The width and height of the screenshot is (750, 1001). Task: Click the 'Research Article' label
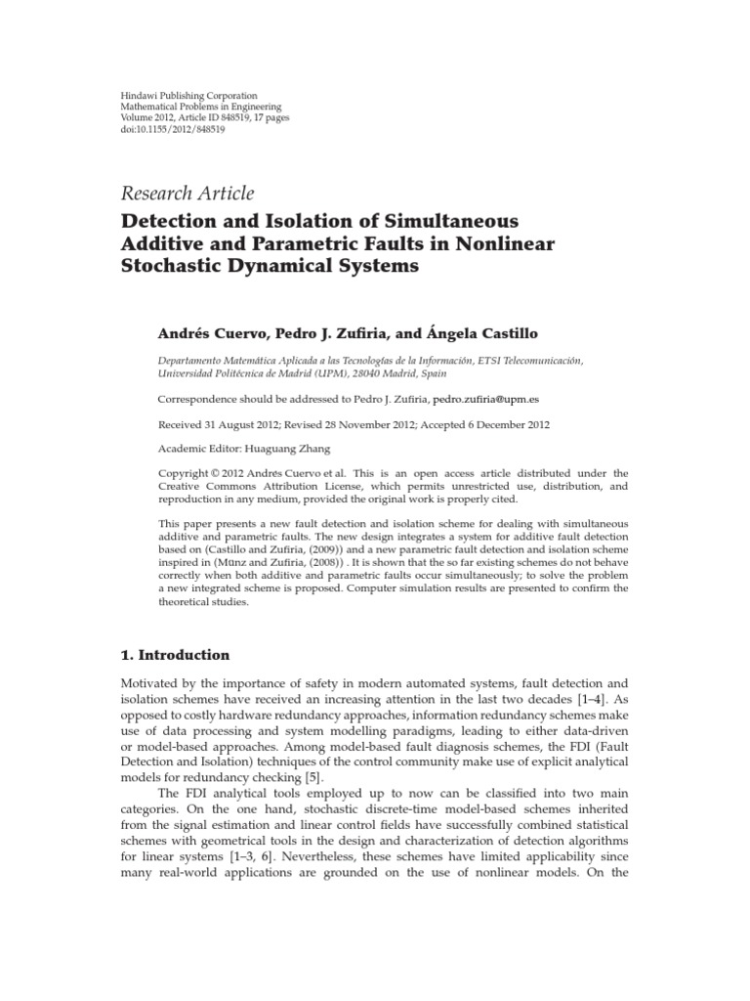pyautogui.click(x=187, y=194)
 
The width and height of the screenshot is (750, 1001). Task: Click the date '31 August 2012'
pyautogui.click(x=234, y=425)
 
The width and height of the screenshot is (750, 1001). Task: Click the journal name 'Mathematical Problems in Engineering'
pyautogui.click(x=199, y=106)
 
